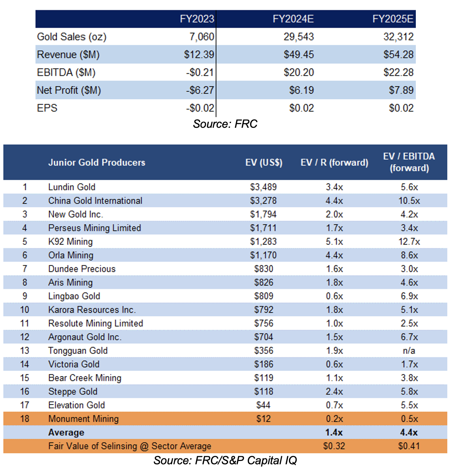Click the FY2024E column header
[x=293, y=19]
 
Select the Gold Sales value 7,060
[x=202, y=36]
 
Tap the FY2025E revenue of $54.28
[x=398, y=55]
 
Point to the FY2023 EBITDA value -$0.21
[x=200, y=72]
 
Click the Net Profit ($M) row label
[x=69, y=90]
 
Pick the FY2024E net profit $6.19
[x=301, y=90]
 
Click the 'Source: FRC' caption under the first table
[x=225, y=124]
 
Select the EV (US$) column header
[x=264, y=163]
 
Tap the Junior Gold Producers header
[x=97, y=163]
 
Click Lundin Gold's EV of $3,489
[x=263, y=187]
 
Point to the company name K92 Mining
[x=71, y=242]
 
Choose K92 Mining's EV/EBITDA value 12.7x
[x=409, y=242]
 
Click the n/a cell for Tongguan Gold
[x=409, y=351]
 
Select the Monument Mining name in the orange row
[x=83, y=419]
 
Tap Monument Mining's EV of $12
[x=263, y=419]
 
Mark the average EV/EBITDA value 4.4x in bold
[x=408, y=433]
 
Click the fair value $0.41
[x=408, y=446]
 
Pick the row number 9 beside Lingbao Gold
[x=25, y=296]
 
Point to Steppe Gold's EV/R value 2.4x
[x=334, y=391]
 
